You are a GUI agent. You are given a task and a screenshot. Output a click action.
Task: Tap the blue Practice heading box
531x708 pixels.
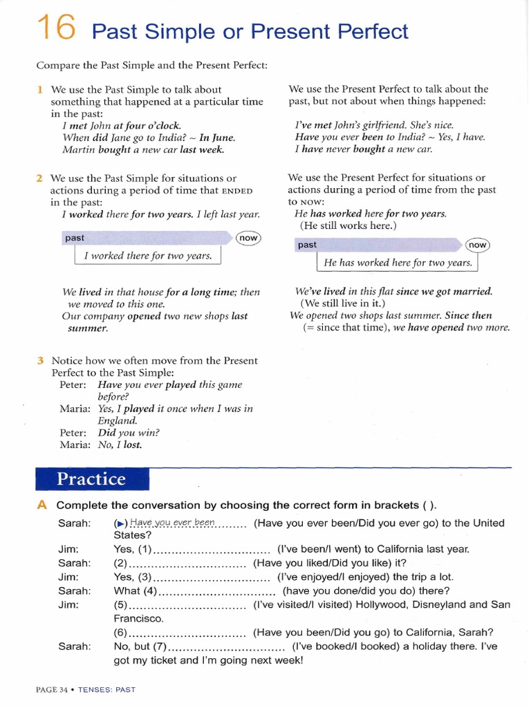pyautogui.click(x=92, y=479)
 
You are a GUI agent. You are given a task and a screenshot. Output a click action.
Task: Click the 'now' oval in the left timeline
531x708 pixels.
pyautogui.click(x=248, y=238)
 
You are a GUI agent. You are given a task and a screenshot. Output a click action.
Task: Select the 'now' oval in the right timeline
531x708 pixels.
pyautogui.click(x=477, y=245)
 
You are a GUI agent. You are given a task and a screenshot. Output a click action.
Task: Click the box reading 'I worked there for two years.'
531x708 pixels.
pyautogui.click(x=147, y=256)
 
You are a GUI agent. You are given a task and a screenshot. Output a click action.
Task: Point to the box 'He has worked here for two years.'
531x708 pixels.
pyautogui.click(x=398, y=263)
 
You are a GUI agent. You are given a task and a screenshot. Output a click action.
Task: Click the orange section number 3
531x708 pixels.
pyautogui.click(x=41, y=360)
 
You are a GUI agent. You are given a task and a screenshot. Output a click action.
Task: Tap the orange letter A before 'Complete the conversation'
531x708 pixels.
pyautogui.click(x=42, y=505)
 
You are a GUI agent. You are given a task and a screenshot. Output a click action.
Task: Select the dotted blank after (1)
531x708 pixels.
pyautogui.click(x=211, y=550)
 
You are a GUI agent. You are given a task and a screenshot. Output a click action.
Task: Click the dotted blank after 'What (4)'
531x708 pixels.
pyautogui.click(x=218, y=591)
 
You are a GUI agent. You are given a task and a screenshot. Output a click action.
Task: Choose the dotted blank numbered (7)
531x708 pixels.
pyautogui.click(x=227, y=646)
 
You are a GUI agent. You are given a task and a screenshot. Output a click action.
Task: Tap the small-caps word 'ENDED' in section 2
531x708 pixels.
pyautogui.click(x=237, y=191)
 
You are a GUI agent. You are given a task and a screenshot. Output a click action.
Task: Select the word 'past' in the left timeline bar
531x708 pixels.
pyautogui.click(x=75, y=238)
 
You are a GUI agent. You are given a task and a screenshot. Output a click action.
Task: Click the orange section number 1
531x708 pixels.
pyautogui.click(x=40, y=89)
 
